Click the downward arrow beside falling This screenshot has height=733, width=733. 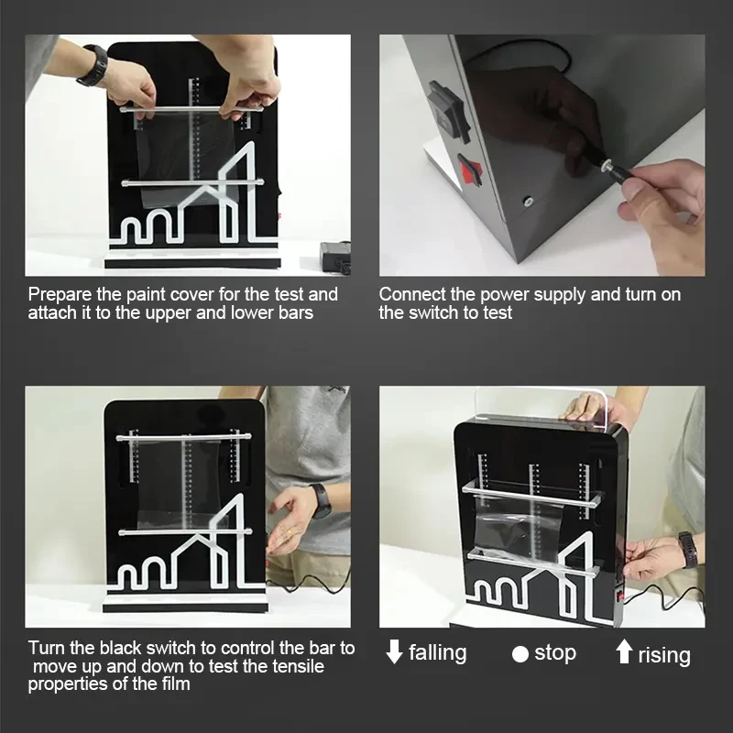(395, 651)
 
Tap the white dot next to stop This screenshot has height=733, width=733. (520, 654)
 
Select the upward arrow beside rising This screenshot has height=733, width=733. (624, 651)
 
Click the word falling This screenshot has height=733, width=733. (438, 652)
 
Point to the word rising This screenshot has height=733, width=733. (664, 654)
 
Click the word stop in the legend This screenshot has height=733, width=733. (555, 652)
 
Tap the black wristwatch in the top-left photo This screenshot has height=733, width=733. (93, 66)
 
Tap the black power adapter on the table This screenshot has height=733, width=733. (334, 256)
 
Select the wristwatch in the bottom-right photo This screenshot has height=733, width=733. (689, 551)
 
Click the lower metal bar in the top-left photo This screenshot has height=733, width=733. (192, 182)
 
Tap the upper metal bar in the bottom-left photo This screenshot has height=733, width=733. (184, 438)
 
